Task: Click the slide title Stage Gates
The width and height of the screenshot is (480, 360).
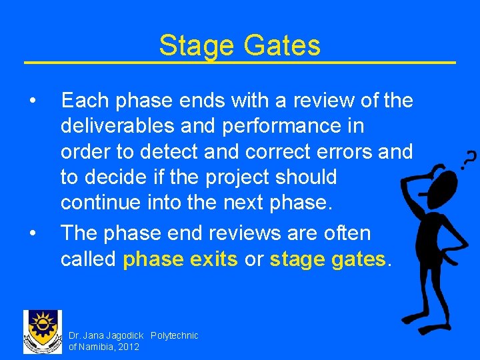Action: (239, 46)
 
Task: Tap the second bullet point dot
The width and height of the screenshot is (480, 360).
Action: (32, 234)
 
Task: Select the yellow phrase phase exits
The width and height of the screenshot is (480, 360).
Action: (180, 259)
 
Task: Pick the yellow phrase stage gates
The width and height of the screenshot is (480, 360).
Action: (327, 259)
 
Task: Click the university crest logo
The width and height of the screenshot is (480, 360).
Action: (42, 331)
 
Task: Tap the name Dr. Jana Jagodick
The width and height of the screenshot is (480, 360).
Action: (106, 335)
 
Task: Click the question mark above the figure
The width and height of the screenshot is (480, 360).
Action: (469, 159)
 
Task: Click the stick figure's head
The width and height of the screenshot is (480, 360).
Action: (433, 174)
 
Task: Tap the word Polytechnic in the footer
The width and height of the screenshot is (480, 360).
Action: (175, 335)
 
